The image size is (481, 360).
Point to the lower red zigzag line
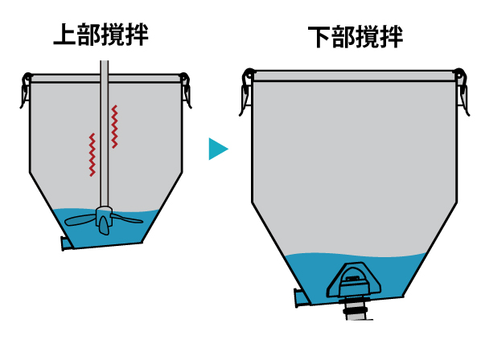(x=92, y=155)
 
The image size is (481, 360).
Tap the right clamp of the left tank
(x=186, y=90)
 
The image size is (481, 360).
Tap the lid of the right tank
(x=355, y=76)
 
